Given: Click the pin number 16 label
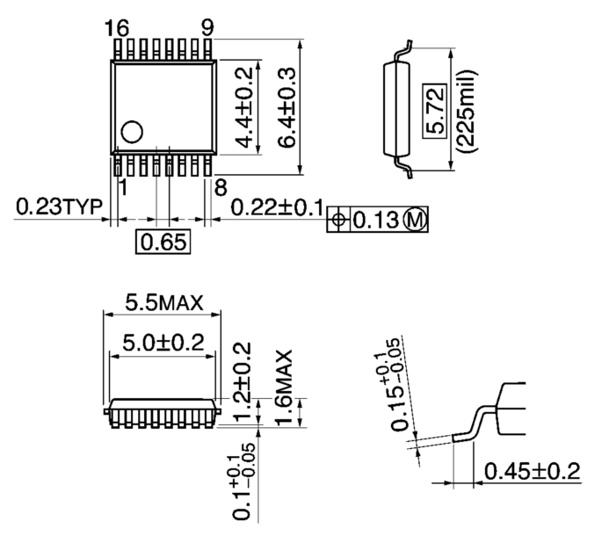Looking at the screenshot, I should click(x=116, y=27).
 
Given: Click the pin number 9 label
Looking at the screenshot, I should click(x=207, y=27).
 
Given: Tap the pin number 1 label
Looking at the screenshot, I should click(x=123, y=186).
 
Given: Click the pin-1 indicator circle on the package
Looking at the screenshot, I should click(x=132, y=133).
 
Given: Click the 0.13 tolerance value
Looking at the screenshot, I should click(x=375, y=220).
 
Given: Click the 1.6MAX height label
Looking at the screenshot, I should click(x=283, y=386).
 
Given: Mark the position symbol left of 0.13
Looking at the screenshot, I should click(x=338, y=220).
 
